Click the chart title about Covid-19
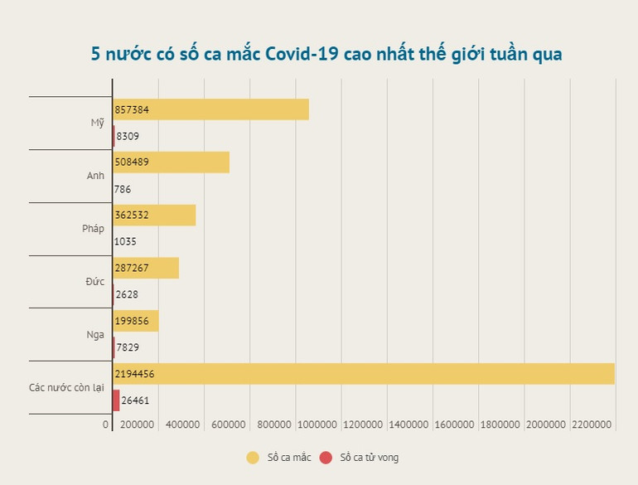[x=326, y=55]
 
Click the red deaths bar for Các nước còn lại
[x=116, y=400]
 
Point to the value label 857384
[x=133, y=109]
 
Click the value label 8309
[x=128, y=135]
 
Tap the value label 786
[x=123, y=189]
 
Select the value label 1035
[x=126, y=241]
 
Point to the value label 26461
[x=135, y=400]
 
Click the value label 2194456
[x=135, y=374]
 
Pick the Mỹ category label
[x=98, y=123]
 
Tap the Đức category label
[x=95, y=282]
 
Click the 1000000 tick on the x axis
[x=316, y=424]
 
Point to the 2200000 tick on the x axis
[x=591, y=424]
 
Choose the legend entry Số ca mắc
[x=278, y=457]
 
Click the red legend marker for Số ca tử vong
[x=326, y=457]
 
